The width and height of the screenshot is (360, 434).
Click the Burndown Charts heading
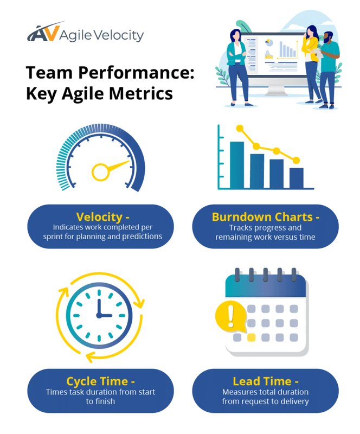click(x=266, y=217)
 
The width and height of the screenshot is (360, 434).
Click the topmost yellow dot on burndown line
click(x=239, y=129)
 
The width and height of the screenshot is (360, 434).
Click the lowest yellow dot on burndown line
click(x=296, y=160)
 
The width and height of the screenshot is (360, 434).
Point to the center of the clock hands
click(x=99, y=315)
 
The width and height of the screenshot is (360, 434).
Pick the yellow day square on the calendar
click(x=251, y=337)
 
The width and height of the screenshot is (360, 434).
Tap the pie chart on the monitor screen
click(x=268, y=43)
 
